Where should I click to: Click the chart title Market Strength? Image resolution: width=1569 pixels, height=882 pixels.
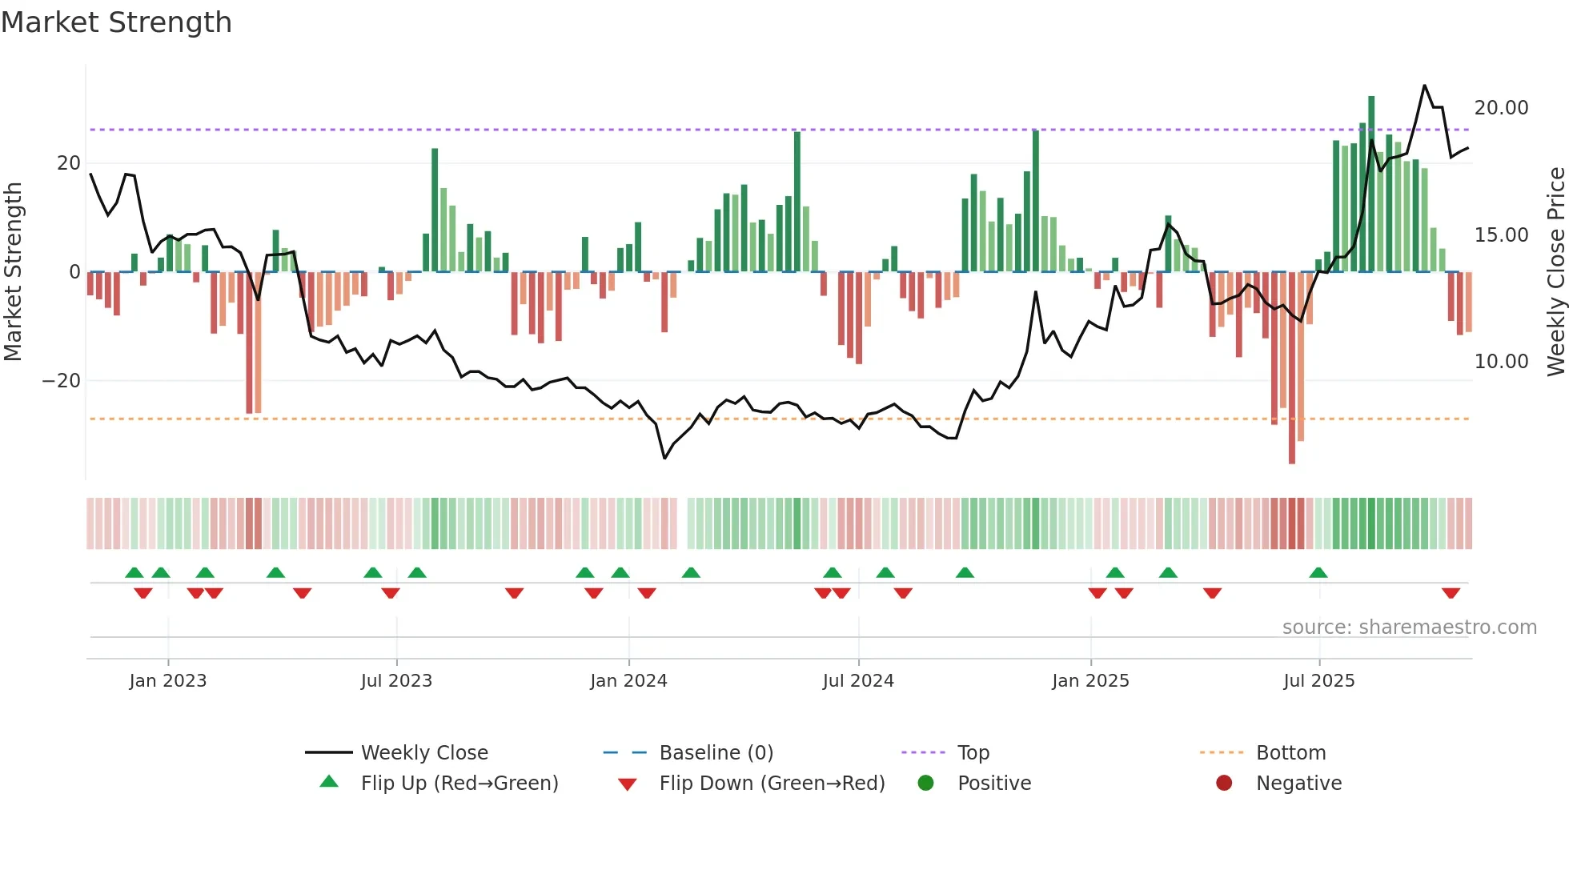(116, 22)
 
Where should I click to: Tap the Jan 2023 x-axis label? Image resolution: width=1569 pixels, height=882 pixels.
(168, 681)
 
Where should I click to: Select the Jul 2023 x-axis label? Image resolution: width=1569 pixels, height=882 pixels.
(396, 681)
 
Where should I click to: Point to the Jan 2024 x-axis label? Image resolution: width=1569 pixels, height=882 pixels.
(628, 681)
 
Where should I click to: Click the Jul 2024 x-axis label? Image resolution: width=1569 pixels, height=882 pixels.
(858, 681)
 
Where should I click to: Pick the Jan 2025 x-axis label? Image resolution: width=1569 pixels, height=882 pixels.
(1090, 681)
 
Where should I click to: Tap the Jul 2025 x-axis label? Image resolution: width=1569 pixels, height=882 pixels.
(1319, 681)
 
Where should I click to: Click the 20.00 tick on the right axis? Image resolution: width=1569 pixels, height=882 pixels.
(1501, 108)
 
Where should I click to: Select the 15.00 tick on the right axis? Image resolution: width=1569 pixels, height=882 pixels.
(1501, 235)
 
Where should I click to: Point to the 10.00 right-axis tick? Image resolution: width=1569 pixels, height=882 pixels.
(1501, 362)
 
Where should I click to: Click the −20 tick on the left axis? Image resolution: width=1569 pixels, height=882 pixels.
(62, 381)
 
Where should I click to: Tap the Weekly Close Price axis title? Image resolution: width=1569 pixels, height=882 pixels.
(1555, 271)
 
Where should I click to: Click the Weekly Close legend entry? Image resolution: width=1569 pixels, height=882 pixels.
(423, 753)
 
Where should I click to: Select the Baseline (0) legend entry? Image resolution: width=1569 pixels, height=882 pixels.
(716, 753)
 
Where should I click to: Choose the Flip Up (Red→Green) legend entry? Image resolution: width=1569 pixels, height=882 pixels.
(459, 784)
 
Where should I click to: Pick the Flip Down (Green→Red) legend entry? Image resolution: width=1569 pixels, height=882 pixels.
(772, 784)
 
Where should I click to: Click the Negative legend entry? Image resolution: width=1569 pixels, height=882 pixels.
(1298, 784)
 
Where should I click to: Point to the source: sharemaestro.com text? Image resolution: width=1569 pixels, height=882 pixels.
(1409, 627)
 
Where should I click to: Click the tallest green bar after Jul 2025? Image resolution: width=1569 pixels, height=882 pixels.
(1371, 184)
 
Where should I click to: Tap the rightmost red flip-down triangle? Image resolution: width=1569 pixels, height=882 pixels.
(1451, 593)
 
